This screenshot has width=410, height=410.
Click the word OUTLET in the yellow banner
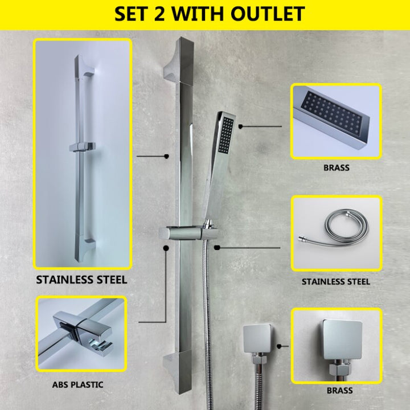(268, 14)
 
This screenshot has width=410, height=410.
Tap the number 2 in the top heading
(159, 14)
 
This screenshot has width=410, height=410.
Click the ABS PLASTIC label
(77, 384)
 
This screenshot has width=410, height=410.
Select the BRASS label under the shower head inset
(337, 167)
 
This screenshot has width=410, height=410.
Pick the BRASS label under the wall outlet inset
(339, 391)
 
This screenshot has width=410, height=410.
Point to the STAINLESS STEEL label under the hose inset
(336, 282)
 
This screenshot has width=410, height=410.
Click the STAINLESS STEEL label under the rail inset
(81, 280)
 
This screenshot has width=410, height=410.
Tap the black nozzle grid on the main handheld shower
(225, 135)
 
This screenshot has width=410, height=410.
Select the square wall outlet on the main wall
(257, 338)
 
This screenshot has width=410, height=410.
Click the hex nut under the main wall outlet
(259, 360)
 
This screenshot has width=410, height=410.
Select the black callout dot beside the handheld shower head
(240, 126)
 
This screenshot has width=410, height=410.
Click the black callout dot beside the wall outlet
(279, 346)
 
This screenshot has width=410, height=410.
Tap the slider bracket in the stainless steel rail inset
(82, 147)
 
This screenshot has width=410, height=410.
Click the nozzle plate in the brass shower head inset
(331, 114)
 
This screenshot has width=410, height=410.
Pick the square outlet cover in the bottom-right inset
(342, 339)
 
